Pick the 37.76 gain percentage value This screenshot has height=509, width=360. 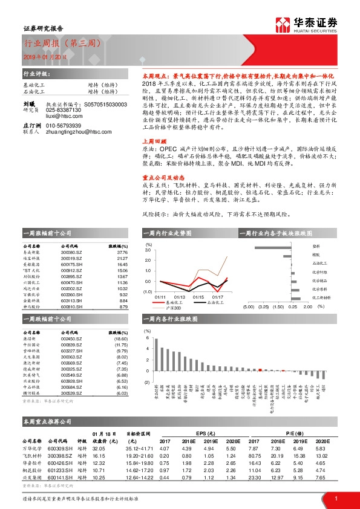click(x=121, y=253)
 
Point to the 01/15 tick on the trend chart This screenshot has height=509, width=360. click(x=198, y=297)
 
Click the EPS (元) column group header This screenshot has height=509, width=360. click(x=203, y=433)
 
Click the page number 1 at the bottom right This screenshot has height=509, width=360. click(x=335, y=497)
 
